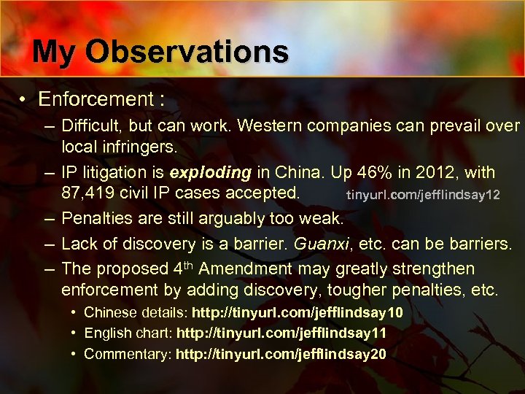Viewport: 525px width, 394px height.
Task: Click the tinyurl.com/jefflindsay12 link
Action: point(423,195)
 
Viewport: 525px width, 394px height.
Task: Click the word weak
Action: point(321,218)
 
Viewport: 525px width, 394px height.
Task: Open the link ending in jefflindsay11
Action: point(281,333)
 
